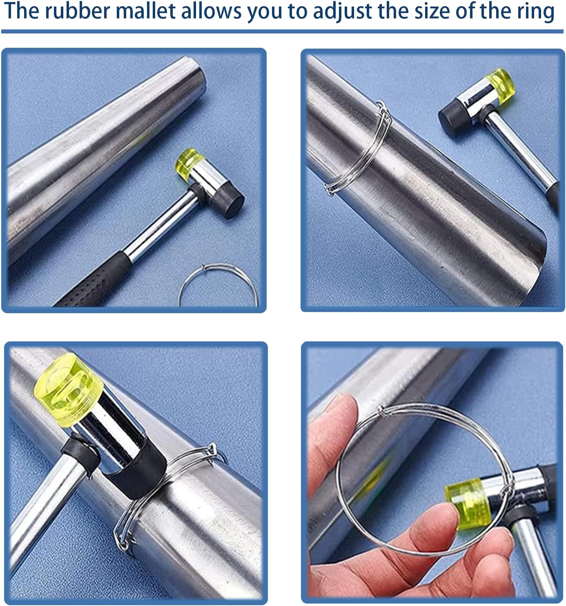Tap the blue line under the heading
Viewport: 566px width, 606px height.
(x=282, y=31)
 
